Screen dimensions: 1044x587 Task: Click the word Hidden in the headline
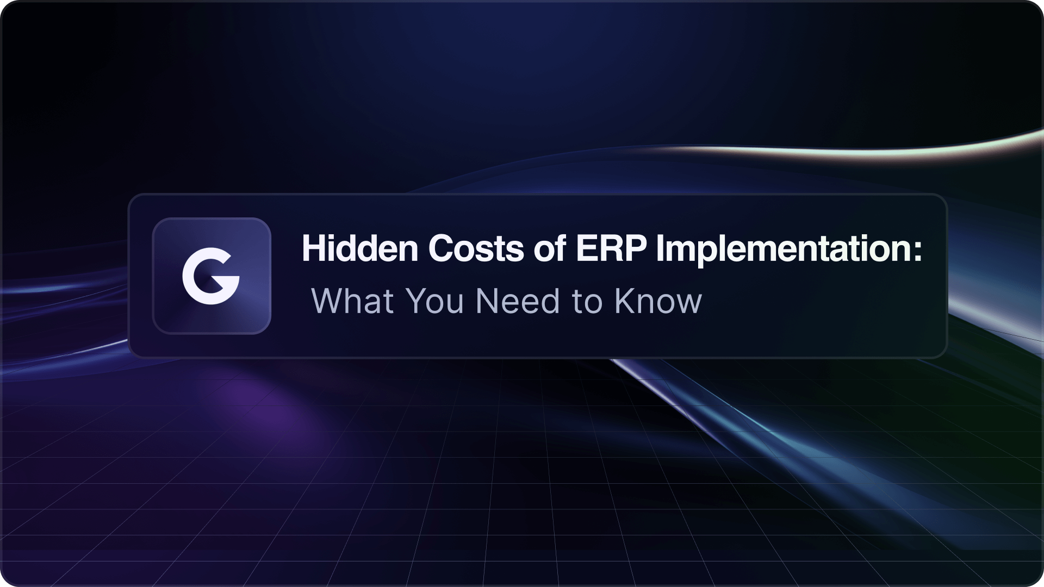[360, 248]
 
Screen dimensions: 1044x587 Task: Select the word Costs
[476, 249]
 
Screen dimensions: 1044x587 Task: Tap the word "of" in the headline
[550, 248]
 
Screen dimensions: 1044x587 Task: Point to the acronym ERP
[611, 249]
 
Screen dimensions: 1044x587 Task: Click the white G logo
[211, 276]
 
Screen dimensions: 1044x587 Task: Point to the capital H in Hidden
[314, 249]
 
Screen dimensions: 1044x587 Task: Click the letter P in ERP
[635, 249]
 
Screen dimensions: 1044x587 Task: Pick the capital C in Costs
[441, 249]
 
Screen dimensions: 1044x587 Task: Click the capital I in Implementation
[660, 249]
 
